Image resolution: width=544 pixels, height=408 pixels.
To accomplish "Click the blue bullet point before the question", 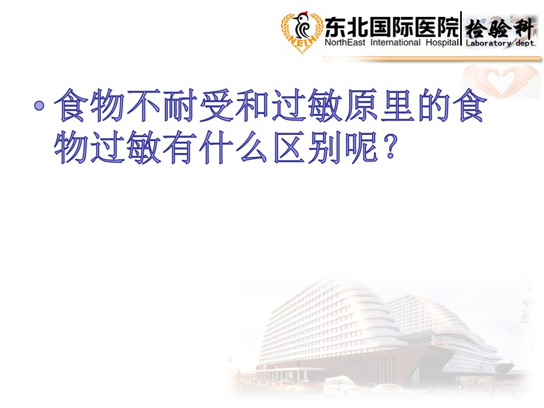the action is point(39,105).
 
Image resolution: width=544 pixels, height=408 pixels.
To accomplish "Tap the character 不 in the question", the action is point(143,105).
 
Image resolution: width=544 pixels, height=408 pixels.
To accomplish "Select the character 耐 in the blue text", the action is point(180,105).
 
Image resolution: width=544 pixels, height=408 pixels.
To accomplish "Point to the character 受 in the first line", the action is point(216,105).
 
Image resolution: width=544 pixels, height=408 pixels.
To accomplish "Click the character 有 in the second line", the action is point(180,147).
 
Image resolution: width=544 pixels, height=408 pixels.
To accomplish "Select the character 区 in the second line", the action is point(288,147).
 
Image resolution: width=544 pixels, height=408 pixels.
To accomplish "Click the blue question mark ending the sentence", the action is point(390,147).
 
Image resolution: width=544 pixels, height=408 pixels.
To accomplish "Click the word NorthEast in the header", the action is point(345,42).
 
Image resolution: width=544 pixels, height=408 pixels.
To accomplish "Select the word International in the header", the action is point(395,42).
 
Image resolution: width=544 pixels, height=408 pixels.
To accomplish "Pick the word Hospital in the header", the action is point(443,42).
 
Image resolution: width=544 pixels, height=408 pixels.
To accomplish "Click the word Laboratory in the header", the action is point(488,44).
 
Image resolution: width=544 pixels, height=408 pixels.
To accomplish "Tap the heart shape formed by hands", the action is point(500,80).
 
